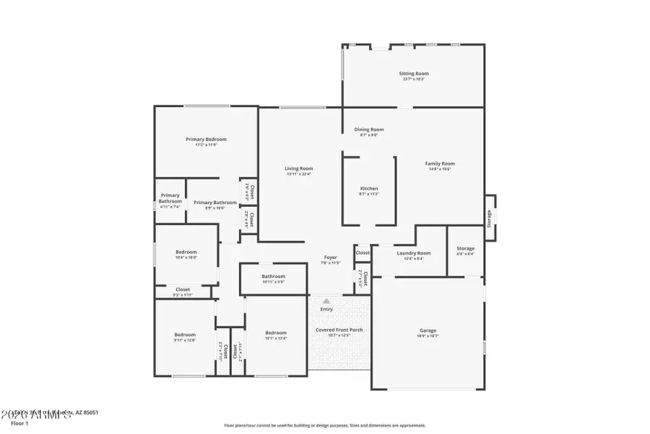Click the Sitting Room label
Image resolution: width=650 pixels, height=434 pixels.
point(414,74)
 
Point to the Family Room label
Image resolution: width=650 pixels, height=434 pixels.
point(440,164)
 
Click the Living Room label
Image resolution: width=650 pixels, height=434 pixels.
point(298,169)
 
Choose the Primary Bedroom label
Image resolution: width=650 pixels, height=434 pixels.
point(206,140)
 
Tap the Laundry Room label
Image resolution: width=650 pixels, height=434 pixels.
point(414,253)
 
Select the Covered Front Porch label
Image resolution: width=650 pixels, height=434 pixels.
point(339,330)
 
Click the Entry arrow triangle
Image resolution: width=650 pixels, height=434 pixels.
point(326,301)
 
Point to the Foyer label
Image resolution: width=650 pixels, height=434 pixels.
point(330,258)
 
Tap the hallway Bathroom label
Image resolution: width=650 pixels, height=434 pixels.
point(273,276)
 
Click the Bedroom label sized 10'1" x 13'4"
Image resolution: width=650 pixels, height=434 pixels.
point(276,333)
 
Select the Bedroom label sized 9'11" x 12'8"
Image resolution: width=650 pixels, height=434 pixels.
point(185,335)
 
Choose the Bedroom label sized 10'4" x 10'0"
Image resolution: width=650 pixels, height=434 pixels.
point(186,252)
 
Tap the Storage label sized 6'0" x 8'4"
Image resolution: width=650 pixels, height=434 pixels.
point(466,249)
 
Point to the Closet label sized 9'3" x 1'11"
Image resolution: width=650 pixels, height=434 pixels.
point(183,289)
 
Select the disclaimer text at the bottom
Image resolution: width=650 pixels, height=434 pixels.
point(325,425)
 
